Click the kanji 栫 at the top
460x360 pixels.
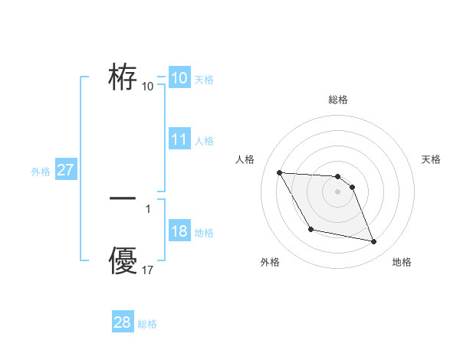pyautogui.click(x=123, y=77)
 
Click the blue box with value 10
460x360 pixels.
pyautogui.click(x=179, y=78)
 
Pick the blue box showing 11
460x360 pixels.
pyautogui.click(x=179, y=139)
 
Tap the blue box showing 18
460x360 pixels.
pyautogui.click(x=179, y=232)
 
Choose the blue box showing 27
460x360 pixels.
pyautogui.click(x=66, y=170)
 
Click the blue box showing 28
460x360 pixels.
pyautogui.click(x=122, y=322)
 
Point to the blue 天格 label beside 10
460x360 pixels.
pyautogui.click(x=204, y=79)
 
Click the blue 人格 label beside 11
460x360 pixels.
pyautogui.click(x=204, y=141)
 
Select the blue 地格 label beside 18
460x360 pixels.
pyautogui.click(x=204, y=233)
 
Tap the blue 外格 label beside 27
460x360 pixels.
pyautogui.click(x=41, y=172)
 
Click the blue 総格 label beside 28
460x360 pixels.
pyautogui.click(x=147, y=324)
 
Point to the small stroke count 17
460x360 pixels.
pyautogui.click(x=148, y=270)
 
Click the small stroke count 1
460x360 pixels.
pyautogui.click(x=147, y=208)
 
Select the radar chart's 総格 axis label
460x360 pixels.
pyautogui.click(x=338, y=100)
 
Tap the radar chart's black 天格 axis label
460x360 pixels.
pyautogui.click(x=431, y=159)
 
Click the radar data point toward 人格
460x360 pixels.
pyautogui.click(x=279, y=172)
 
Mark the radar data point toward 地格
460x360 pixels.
pyautogui.click(x=374, y=242)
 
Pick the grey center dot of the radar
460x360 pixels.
pyautogui.click(x=337, y=191)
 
